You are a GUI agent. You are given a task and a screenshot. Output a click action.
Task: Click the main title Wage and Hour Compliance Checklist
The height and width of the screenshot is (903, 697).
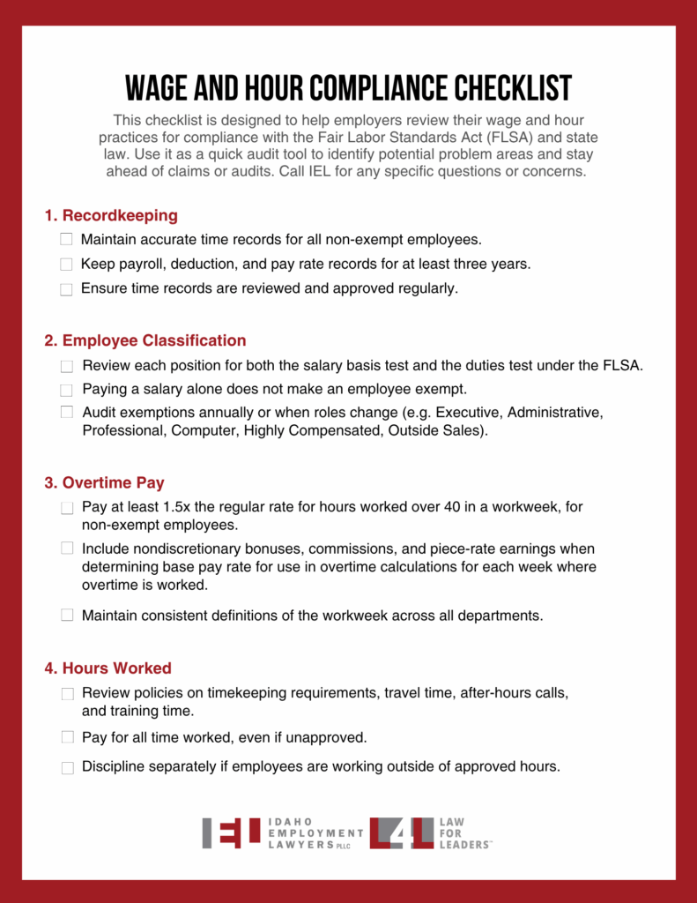click(348, 88)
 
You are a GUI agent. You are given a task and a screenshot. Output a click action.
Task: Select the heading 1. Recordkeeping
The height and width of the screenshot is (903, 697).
click(111, 215)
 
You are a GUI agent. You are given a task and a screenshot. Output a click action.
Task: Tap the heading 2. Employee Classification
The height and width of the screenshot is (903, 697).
click(145, 340)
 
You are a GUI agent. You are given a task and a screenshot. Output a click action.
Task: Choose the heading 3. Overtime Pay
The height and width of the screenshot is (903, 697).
click(104, 483)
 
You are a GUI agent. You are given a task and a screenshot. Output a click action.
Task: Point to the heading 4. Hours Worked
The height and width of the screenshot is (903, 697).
click(108, 668)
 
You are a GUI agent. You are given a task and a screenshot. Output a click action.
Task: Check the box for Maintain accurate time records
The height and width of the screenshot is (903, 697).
click(66, 239)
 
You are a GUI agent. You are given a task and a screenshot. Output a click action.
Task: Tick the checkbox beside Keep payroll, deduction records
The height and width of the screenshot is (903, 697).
click(66, 264)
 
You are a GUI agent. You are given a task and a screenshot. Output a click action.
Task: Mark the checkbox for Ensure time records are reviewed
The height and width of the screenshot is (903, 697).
click(66, 289)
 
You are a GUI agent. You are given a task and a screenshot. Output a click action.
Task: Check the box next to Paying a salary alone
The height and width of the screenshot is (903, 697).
click(67, 390)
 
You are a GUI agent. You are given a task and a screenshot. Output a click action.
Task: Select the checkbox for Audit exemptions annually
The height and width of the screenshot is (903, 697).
click(67, 412)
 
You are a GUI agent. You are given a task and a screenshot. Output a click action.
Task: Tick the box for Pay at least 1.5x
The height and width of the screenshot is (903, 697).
click(67, 508)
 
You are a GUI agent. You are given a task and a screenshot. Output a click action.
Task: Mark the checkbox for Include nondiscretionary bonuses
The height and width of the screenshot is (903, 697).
click(67, 548)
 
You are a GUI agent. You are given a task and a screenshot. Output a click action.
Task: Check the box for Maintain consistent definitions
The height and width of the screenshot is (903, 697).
click(67, 616)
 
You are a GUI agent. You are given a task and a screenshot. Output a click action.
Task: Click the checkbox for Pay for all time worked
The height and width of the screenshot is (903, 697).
click(67, 736)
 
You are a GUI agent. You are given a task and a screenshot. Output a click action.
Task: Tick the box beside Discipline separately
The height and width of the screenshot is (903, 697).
click(67, 768)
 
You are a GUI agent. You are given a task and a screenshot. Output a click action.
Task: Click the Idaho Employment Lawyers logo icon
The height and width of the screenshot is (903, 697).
click(231, 833)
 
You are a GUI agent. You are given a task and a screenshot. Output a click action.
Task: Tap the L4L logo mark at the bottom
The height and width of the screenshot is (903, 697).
click(401, 833)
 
